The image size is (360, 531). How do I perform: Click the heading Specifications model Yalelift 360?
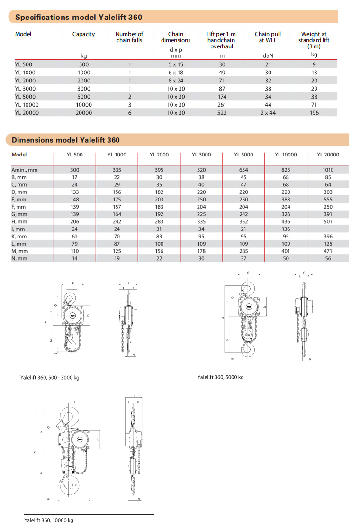[x=79, y=18]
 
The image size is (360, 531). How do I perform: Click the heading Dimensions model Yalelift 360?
[x=65, y=140]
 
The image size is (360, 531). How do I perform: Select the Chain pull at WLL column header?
[x=268, y=37]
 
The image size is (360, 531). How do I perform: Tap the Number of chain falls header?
[x=129, y=37]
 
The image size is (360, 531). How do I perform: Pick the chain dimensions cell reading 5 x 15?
[x=175, y=64]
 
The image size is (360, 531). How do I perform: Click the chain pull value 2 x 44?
[x=268, y=113]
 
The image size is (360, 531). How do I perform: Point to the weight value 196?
[x=314, y=113]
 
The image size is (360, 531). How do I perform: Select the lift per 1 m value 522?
[x=222, y=113]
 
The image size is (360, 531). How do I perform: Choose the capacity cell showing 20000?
[x=83, y=113]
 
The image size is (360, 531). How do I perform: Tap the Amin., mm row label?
[x=25, y=170]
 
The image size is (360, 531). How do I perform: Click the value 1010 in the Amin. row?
[x=328, y=170]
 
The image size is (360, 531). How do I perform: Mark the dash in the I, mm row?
[x=328, y=229]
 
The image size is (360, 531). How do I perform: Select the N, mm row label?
[x=19, y=258]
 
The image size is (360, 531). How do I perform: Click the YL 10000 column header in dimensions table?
[x=286, y=155]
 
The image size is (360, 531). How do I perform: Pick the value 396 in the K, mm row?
[x=328, y=236]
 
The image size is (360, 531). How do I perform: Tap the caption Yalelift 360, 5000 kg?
[x=221, y=377]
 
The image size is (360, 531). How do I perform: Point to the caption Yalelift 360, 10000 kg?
[x=49, y=520]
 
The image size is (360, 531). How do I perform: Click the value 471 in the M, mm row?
[x=328, y=251]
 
